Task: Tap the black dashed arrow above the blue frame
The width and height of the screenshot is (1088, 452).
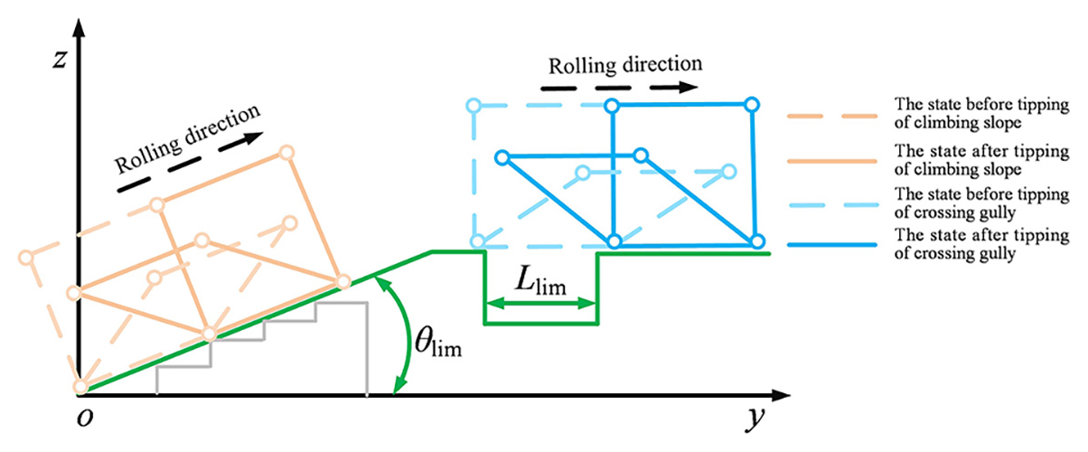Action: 621,89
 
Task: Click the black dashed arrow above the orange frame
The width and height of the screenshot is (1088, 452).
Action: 190,163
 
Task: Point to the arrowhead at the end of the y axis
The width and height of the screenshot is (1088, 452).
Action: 779,396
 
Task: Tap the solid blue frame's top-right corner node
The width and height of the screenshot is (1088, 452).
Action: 750,105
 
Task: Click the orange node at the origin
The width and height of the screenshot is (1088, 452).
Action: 80,387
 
